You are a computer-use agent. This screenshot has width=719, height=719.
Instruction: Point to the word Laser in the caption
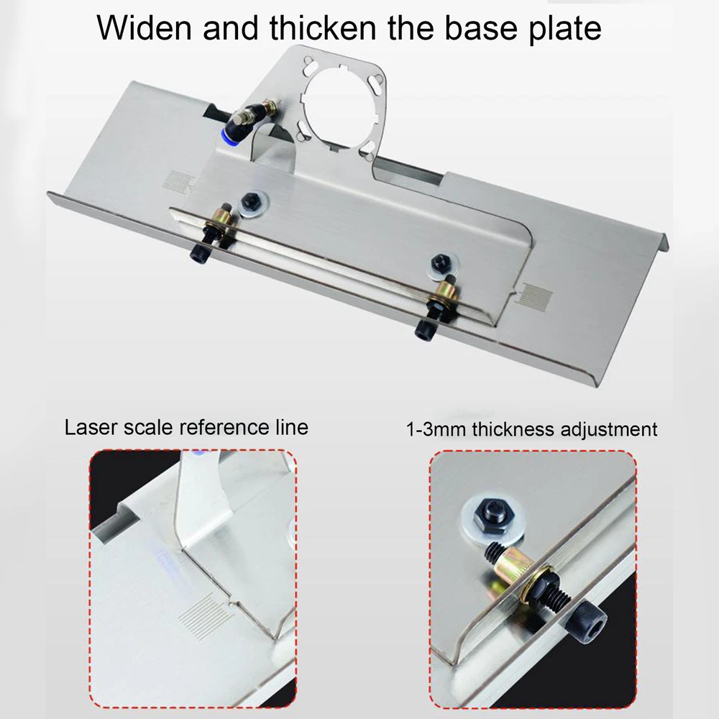91,427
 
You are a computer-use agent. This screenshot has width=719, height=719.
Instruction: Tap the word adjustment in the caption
609,430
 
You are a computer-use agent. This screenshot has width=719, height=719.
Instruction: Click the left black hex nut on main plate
250,200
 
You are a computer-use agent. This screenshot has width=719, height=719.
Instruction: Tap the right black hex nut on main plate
440,261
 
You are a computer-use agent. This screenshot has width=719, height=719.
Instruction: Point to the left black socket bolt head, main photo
200,254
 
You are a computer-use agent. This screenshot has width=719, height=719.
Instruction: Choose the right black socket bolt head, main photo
423,331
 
